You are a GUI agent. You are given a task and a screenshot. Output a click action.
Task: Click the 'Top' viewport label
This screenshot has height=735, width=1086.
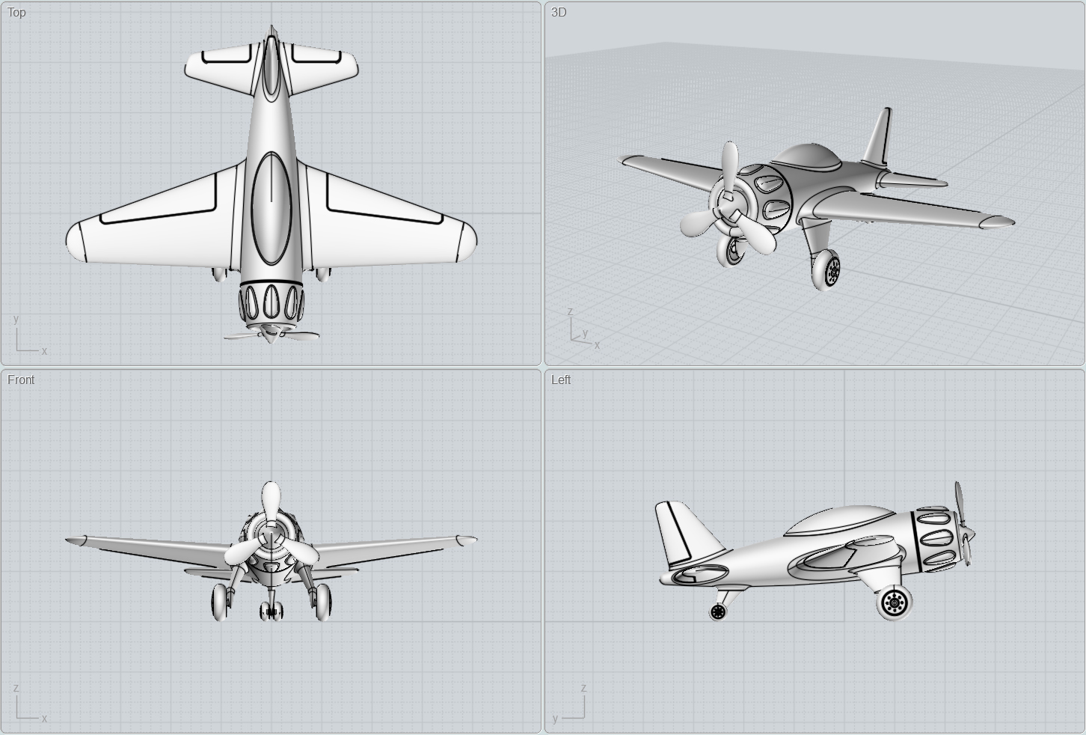tap(16, 12)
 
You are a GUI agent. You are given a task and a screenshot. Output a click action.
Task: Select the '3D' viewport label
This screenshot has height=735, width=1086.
tap(559, 12)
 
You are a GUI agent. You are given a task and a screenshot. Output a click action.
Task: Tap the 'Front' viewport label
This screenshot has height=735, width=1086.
tap(21, 379)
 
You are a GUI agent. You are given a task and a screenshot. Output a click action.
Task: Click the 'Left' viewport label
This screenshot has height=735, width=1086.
tap(561, 379)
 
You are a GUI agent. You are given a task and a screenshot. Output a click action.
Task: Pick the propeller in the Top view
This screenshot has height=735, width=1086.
tap(271, 334)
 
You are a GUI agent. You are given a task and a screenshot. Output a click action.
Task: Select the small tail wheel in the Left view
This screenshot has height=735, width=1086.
tap(718, 612)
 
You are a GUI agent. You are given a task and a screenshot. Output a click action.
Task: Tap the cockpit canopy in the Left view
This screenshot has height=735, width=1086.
tap(838, 518)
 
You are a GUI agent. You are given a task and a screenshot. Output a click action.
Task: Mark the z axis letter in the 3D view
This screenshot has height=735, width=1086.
tap(570, 311)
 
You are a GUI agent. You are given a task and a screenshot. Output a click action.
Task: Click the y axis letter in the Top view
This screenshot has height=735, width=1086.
tap(16, 319)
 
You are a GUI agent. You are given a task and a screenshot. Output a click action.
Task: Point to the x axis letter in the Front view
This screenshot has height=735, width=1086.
tap(44, 719)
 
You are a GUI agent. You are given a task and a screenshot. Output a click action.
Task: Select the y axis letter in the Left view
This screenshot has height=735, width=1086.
tap(556, 719)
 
